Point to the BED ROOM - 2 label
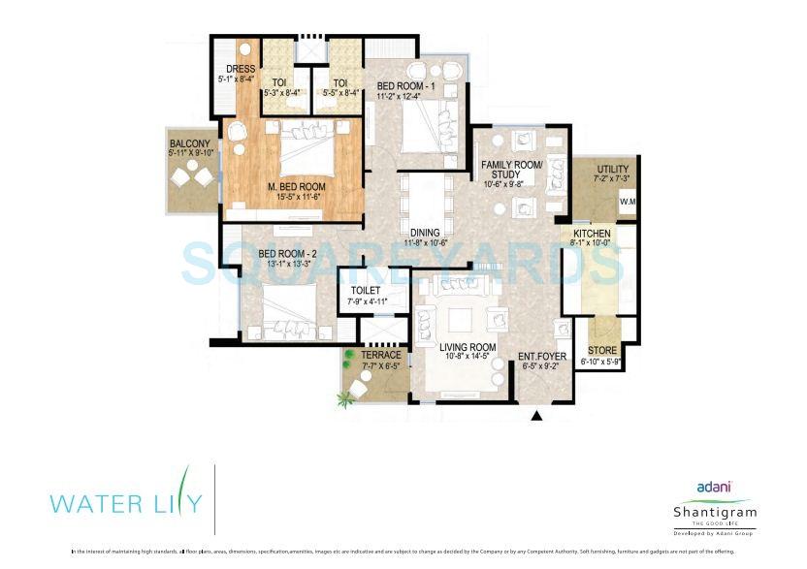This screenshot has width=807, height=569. (285, 255)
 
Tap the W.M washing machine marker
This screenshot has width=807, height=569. (628, 203)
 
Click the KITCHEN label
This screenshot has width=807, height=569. (591, 235)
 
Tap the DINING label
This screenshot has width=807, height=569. (425, 233)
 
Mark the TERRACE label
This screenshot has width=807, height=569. (380, 356)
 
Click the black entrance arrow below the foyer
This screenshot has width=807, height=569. (535, 417)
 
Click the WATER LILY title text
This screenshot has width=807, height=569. (126, 502)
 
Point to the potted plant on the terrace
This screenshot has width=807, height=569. (345, 395)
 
